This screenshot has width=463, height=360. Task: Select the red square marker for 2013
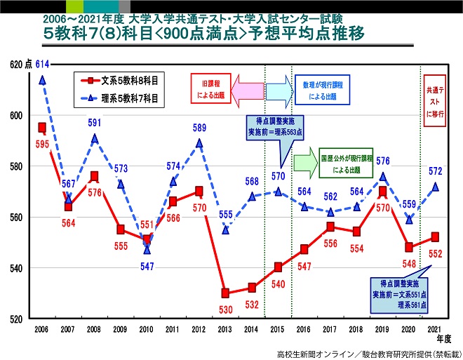(225, 293)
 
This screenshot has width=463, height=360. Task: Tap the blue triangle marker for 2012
(199, 143)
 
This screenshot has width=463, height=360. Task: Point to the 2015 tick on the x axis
(277, 327)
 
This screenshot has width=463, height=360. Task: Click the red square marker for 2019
(382, 191)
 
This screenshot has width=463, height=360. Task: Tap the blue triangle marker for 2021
(435, 187)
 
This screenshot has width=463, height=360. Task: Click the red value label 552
(436, 254)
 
